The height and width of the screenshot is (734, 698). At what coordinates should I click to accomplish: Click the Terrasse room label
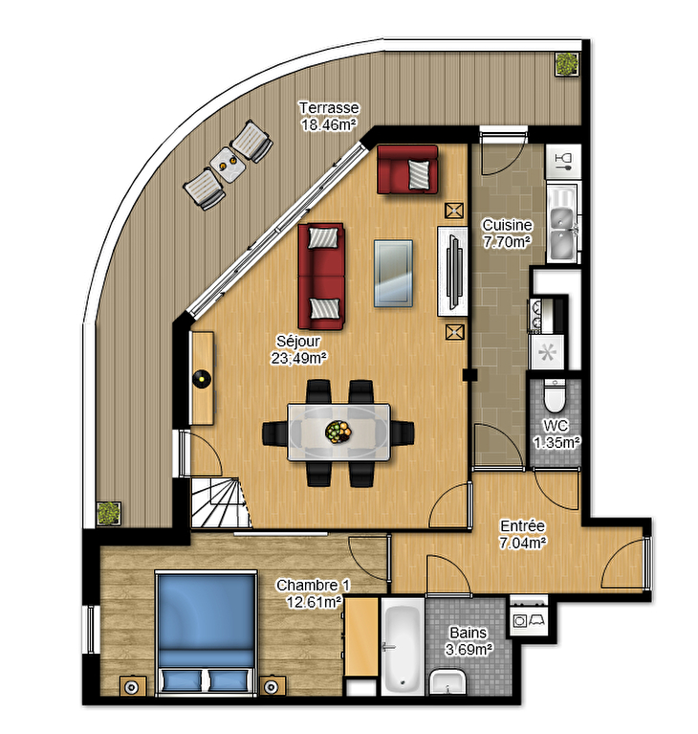pos(329,108)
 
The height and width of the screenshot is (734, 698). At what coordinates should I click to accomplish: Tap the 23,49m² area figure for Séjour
pos(298,358)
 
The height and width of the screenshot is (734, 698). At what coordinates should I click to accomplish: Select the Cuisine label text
pos(507,225)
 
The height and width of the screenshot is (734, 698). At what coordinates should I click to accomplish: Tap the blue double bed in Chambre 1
pos(206,631)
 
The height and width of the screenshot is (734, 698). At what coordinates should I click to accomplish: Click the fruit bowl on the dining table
pos(338,432)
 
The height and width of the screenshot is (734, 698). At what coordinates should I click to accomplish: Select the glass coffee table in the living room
pos(393,274)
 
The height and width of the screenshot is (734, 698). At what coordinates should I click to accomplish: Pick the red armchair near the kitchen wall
pos(408,169)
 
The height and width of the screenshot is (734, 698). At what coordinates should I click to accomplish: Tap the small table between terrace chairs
pos(228,166)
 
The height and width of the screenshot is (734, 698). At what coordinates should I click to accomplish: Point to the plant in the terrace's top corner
pos(567,64)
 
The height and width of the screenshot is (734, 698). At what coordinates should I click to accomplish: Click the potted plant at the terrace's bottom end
pos(109,513)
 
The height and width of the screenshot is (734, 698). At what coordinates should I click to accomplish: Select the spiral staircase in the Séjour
pos(220,502)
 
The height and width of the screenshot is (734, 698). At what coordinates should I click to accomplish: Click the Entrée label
pos(522,525)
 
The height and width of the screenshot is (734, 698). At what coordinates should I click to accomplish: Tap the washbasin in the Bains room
pos(447,682)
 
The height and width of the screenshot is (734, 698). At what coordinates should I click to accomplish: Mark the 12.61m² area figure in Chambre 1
pos(314,602)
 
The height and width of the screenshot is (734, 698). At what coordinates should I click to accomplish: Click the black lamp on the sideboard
pos(202,378)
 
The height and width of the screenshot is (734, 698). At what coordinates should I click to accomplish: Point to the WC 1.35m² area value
pos(556,442)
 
